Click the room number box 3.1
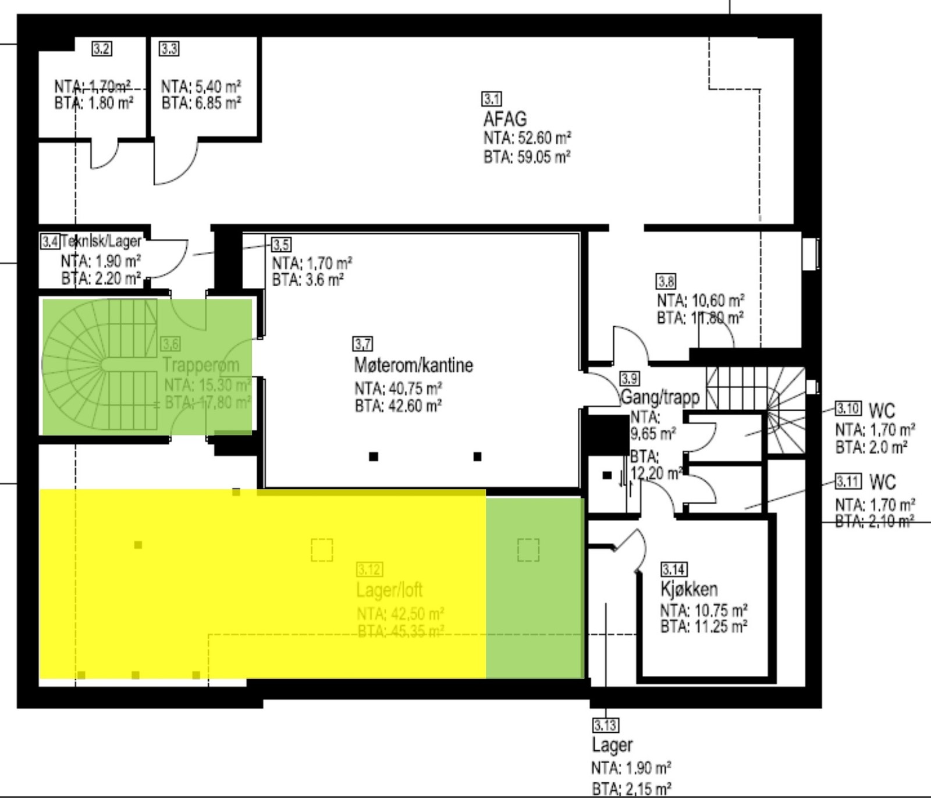click(492, 99)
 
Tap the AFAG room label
click(504, 119)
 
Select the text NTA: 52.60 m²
click(527, 138)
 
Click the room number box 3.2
click(101, 49)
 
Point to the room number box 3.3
click(169, 49)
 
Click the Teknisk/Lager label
click(101, 241)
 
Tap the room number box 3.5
click(282, 244)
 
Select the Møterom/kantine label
click(413, 365)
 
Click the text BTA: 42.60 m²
click(397, 405)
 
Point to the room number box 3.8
click(666, 282)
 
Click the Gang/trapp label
click(660, 398)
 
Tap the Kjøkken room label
click(689, 589)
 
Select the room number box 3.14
click(673, 569)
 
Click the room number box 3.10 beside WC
click(848, 408)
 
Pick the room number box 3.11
click(848, 482)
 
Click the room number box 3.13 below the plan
click(605, 725)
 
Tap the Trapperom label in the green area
click(200, 365)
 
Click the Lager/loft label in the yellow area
click(389, 590)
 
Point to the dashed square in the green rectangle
click(528, 550)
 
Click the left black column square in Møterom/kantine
click(374, 457)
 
